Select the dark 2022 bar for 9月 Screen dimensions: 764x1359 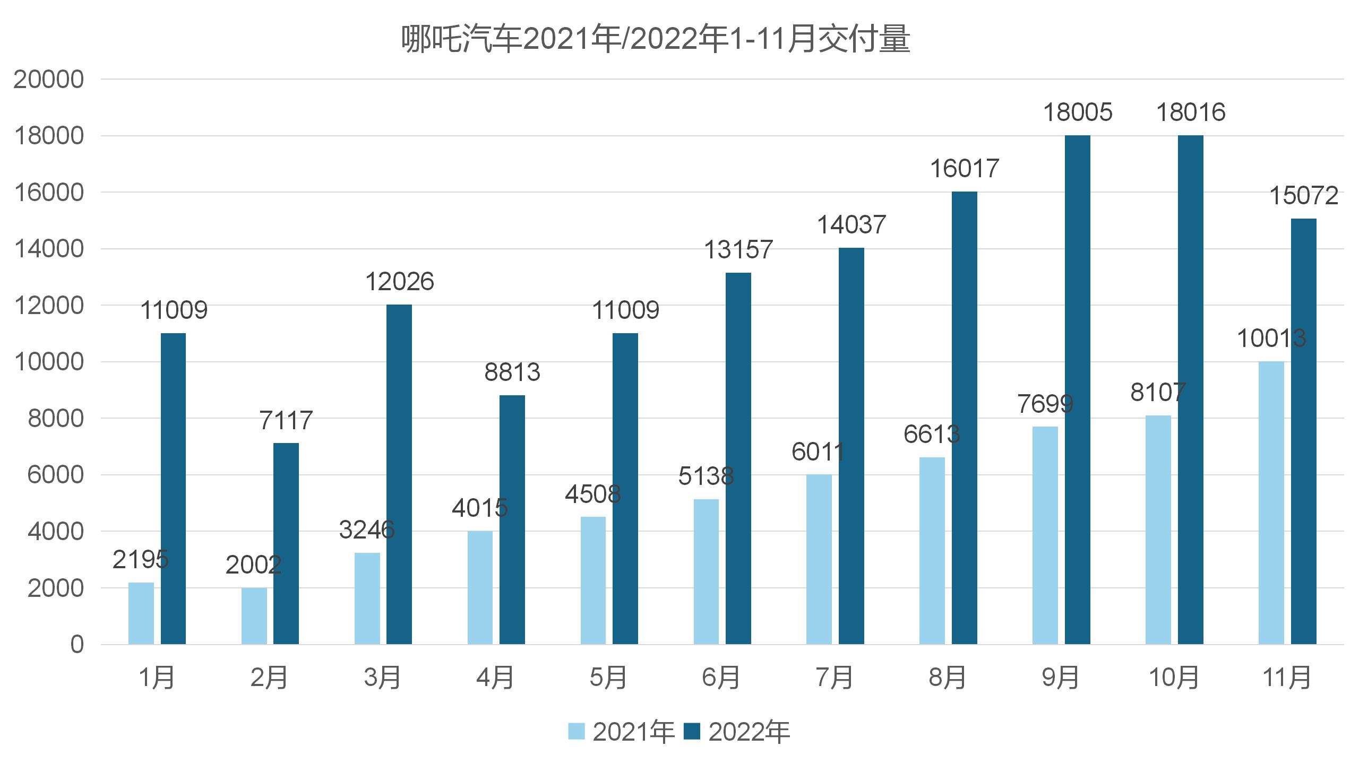tap(1077, 390)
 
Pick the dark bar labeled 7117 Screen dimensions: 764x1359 tap(286, 544)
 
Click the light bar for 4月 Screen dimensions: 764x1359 tap(480, 587)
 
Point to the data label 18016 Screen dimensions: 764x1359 tap(1190, 112)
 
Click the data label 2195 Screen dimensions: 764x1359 tap(141, 559)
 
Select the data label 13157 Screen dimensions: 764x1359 tap(738, 250)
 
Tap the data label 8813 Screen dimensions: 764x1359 tap(512, 372)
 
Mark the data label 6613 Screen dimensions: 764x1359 tap(932, 435)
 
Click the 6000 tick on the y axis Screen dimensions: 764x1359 tap(56, 475)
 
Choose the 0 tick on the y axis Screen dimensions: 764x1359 tap(77, 645)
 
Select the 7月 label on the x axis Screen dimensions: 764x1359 tap(834, 678)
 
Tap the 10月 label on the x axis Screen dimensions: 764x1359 tap(1174, 678)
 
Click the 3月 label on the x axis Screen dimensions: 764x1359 tap(382, 678)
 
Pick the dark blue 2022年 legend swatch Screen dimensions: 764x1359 tap(692, 731)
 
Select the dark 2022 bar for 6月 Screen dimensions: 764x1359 tap(738, 459)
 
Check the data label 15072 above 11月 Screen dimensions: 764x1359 tap(1303, 196)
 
